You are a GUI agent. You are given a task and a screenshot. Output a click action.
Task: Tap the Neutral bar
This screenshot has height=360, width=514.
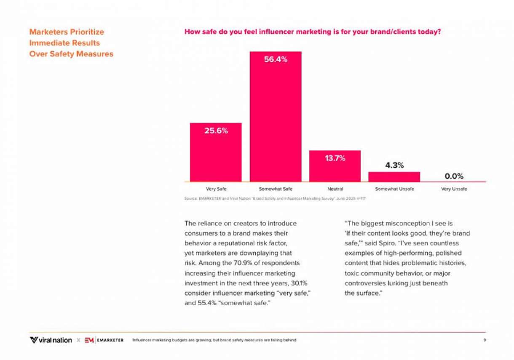coord(335,166)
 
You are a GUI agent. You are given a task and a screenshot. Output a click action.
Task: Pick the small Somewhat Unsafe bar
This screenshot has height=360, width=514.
coord(394,177)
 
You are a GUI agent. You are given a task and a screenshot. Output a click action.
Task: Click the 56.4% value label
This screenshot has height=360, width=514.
coord(276,60)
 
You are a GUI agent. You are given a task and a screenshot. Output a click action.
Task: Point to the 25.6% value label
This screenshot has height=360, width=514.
coord(216,131)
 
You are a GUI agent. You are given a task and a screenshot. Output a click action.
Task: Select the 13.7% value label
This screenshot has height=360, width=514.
coord(335,158)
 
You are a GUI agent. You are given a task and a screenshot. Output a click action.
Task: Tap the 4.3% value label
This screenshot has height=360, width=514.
coord(394,165)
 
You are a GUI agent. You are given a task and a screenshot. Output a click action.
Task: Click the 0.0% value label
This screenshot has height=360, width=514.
coord(454,176)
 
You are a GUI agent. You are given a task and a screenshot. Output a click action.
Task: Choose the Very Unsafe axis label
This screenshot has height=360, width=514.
coord(454,189)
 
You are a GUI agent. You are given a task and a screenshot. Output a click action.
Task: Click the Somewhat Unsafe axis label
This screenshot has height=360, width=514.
coord(394,189)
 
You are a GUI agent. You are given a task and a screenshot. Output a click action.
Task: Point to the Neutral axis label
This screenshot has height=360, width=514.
coord(335,189)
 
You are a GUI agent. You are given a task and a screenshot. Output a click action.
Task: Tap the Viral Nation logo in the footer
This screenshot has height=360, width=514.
coord(51,340)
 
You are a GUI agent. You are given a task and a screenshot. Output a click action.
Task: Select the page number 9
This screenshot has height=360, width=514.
coord(485,340)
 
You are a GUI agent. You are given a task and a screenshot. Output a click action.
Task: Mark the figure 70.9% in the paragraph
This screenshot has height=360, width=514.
coord(242,263)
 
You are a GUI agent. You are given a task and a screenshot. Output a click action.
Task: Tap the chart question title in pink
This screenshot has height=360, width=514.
coord(313,32)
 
